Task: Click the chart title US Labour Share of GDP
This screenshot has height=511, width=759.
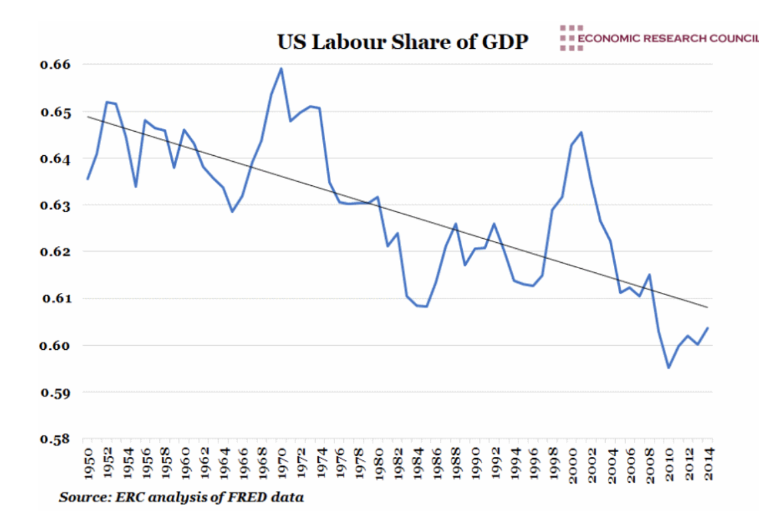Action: coord(403,41)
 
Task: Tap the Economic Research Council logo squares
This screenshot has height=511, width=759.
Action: coord(567,38)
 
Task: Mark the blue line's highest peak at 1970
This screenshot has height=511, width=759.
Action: coord(281,68)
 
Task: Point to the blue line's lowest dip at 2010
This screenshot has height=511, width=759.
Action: coord(668,368)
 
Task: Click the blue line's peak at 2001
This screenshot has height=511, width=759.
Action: coord(582,132)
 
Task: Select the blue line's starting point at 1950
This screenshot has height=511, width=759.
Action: coord(88,179)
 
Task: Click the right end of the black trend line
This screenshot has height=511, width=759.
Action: coord(708,307)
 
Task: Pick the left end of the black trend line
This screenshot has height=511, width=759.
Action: coord(87,117)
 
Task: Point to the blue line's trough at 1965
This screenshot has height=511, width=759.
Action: coord(232,211)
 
